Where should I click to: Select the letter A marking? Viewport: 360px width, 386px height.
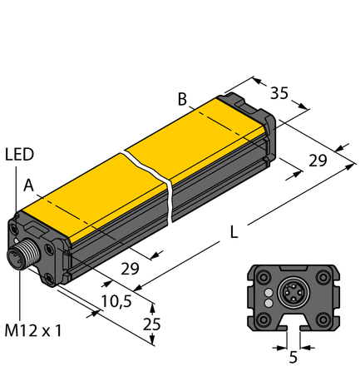click(x=29, y=186)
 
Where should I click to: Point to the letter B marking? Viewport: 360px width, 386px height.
click(x=181, y=100)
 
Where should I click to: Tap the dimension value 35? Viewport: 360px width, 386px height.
click(x=280, y=94)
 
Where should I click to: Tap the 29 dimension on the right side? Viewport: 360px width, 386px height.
click(x=317, y=161)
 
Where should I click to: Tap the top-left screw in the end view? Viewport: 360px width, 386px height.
click(x=263, y=278)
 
